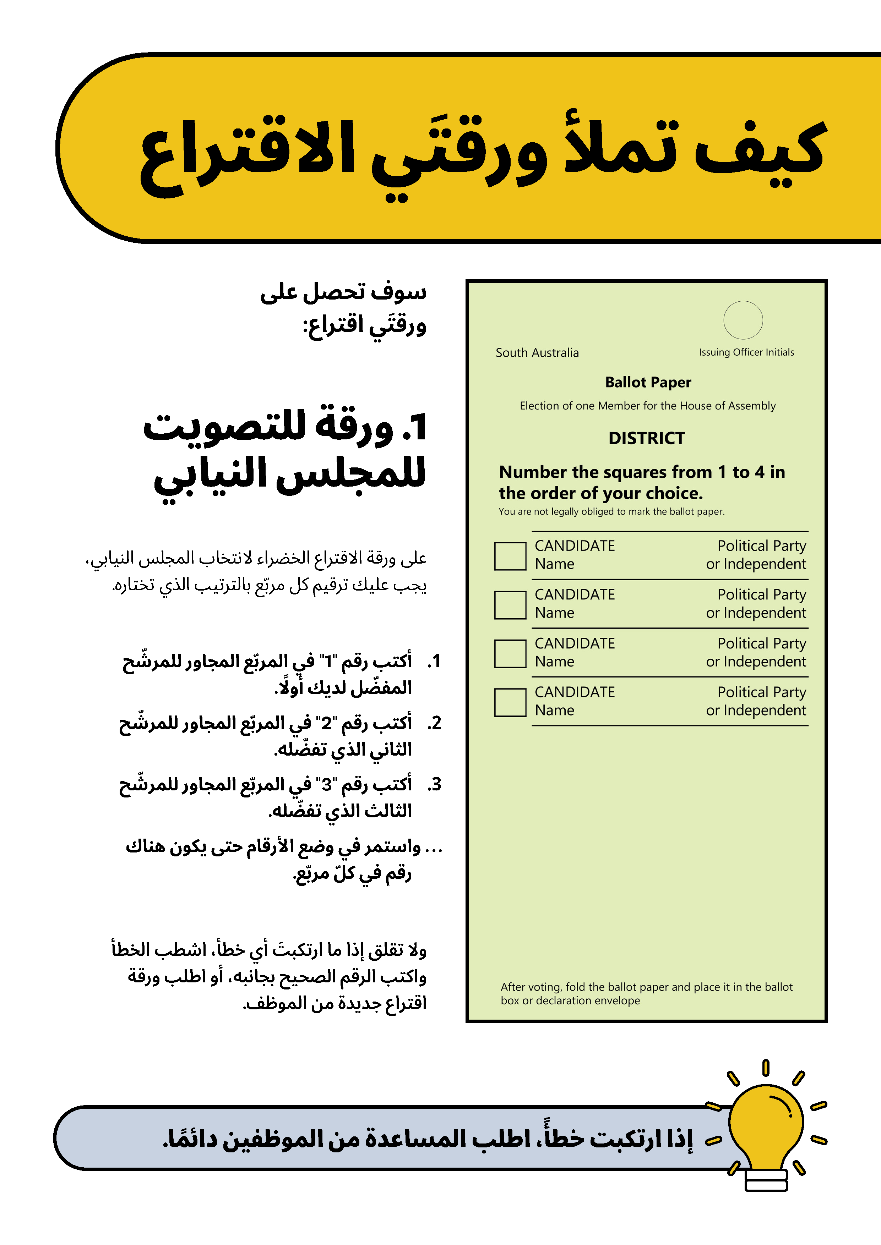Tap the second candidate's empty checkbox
(x=510, y=605)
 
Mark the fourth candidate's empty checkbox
(x=510, y=702)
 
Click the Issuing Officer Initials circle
(x=743, y=320)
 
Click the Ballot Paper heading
(x=648, y=382)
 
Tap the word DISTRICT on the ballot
(x=647, y=438)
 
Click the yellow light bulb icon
(x=765, y=1123)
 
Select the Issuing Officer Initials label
(x=746, y=352)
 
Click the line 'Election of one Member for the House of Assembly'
(x=647, y=406)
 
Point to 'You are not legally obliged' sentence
(x=611, y=511)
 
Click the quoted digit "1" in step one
(x=328, y=662)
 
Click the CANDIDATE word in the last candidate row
(x=575, y=692)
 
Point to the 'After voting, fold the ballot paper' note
(x=646, y=993)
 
